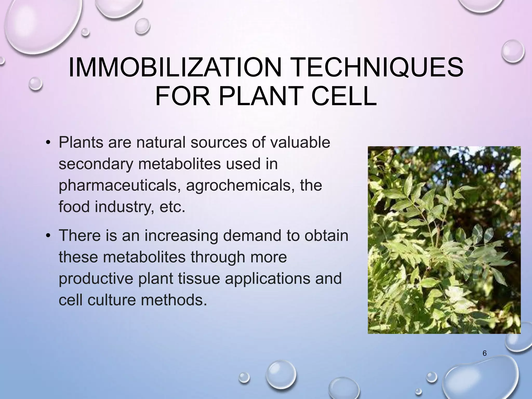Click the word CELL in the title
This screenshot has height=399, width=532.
pyautogui.click(x=344, y=96)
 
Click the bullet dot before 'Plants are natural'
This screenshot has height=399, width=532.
pyautogui.click(x=48, y=143)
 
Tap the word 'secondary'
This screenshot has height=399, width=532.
pyautogui.click(x=96, y=164)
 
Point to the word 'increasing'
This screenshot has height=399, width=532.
pyautogui.click(x=181, y=236)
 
